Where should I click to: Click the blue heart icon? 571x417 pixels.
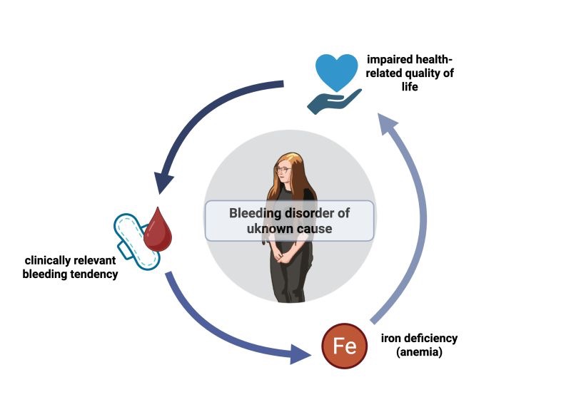337,70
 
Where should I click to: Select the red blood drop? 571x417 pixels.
158,230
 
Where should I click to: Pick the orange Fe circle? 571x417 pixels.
345,347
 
